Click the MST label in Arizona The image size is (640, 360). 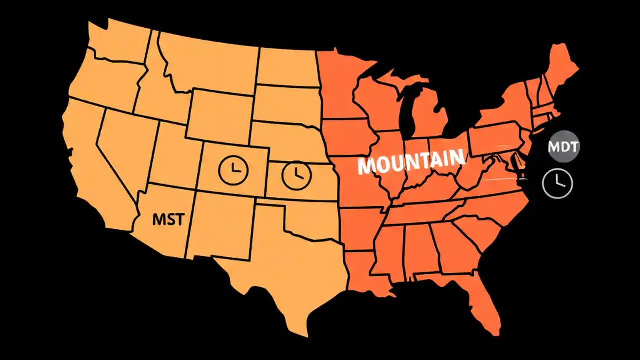168,219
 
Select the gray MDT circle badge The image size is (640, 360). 563,146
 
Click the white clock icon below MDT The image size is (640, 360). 557,183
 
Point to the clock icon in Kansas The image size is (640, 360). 296,174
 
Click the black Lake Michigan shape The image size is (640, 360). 410,110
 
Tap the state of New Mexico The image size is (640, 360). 220,225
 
